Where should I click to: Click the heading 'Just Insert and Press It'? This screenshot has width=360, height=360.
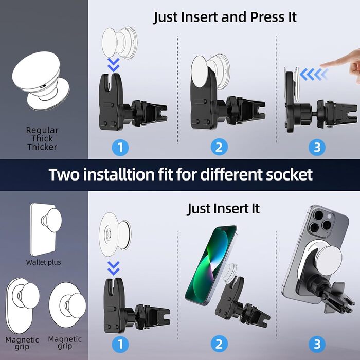point(225,17)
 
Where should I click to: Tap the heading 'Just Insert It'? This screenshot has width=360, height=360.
point(223,209)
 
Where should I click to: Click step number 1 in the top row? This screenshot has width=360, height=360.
point(120,148)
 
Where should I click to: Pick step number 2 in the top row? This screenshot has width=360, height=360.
point(219,148)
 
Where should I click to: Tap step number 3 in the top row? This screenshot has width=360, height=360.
point(317,148)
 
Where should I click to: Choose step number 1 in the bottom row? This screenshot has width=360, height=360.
point(120,344)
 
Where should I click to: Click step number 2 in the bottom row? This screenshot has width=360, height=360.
point(219,344)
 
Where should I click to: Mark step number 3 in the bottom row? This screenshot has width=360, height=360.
point(317,344)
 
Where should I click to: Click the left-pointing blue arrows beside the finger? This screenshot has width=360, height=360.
point(313,75)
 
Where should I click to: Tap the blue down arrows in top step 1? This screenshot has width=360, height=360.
point(114,65)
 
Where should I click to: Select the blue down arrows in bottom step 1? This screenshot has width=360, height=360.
point(114,268)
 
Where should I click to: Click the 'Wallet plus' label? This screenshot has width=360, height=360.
point(43,262)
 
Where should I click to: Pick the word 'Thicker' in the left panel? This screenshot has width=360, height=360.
point(42,147)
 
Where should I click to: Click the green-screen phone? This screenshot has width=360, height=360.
point(211,265)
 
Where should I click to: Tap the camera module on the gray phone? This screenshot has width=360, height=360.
point(321,221)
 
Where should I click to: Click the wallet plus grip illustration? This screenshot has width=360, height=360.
point(46,229)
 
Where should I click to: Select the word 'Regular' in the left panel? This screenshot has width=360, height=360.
point(42,131)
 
